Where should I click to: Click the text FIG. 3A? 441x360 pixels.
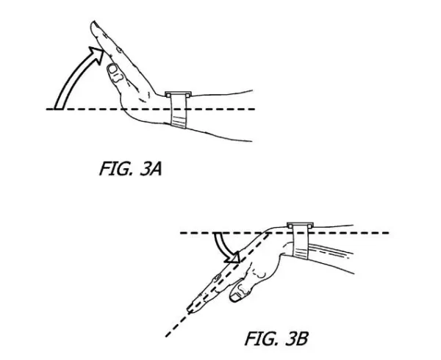(131, 168)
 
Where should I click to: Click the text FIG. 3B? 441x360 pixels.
(276, 339)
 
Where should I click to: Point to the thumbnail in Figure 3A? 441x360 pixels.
(113, 68)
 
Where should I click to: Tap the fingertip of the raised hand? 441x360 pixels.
(93, 25)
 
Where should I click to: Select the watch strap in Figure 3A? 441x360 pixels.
(179, 112)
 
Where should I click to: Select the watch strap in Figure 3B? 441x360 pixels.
(301, 241)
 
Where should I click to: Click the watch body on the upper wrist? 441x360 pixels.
(178, 94)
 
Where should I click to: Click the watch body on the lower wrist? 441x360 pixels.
(300, 225)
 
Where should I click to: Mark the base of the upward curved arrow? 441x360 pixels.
(58, 109)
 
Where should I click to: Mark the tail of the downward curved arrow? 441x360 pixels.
(218, 234)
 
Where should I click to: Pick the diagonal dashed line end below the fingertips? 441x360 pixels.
(167, 336)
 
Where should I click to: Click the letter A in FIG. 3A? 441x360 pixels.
(156, 169)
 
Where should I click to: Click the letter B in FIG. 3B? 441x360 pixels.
(302, 339)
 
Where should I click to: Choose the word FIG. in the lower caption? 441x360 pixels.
(260, 339)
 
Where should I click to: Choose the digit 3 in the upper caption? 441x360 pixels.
(145, 169)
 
